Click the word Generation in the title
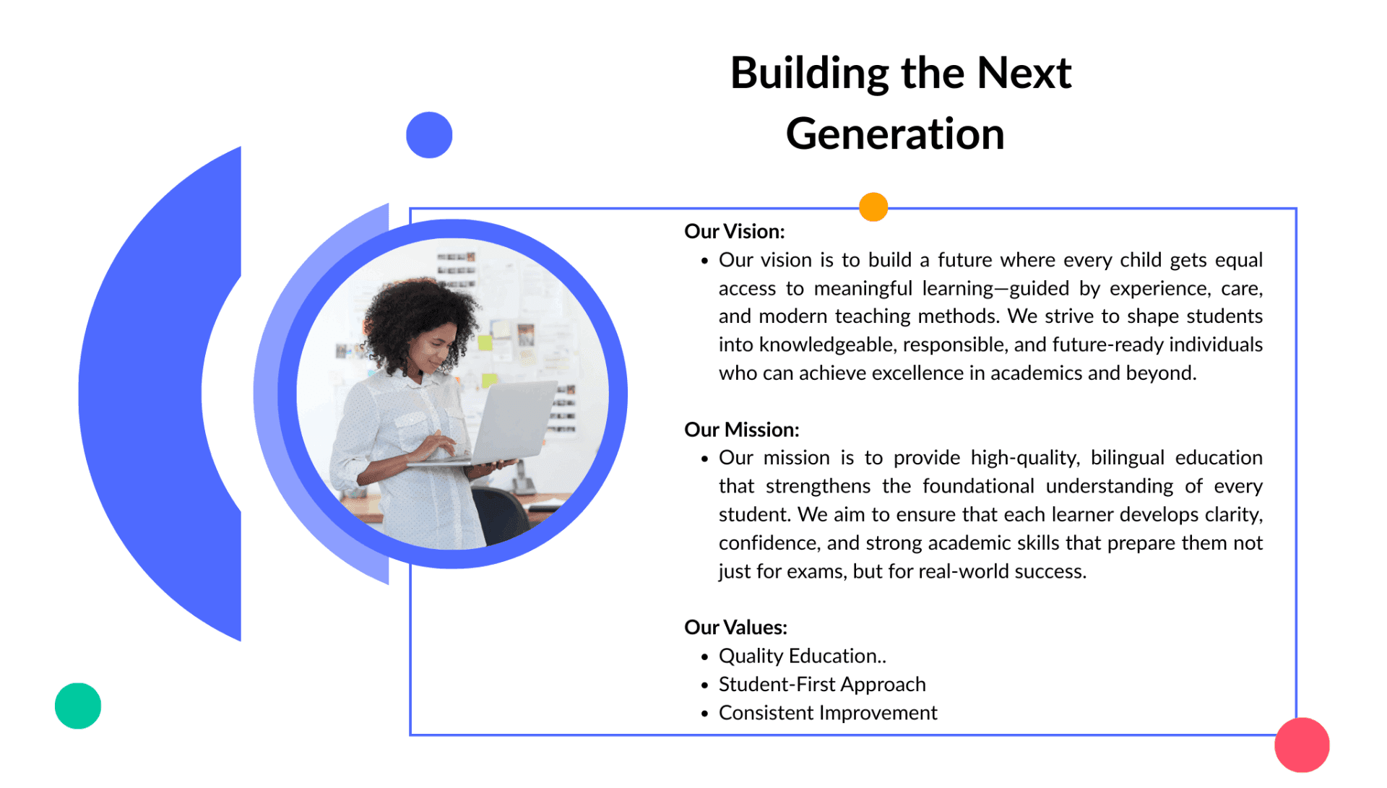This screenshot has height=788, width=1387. click(x=895, y=134)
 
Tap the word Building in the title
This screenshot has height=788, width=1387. click(x=810, y=74)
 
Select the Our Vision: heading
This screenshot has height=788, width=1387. click(x=734, y=231)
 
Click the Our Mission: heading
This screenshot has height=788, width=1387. click(x=741, y=430)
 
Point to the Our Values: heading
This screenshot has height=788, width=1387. click(x=735, y=627)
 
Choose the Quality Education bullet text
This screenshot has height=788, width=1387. click(x=802, y=656)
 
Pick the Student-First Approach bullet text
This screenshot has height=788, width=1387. click(x=822, y=685)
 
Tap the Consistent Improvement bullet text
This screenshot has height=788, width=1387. click(x=828, y=713)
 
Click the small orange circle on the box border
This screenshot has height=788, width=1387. click(x=873, y=207)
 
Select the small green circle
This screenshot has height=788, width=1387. click(x=78, y=706)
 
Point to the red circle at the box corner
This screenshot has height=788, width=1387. click(x=1302, y=745)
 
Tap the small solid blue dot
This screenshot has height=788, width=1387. click(x=429, y=135)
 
